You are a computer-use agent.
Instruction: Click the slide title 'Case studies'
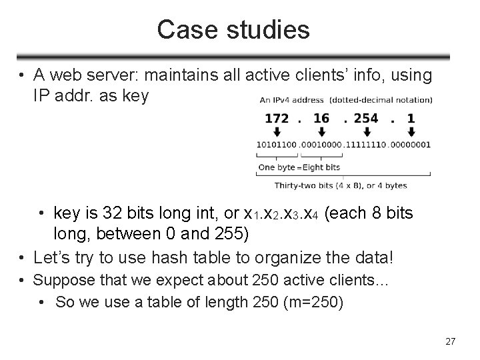(x=233, y=30)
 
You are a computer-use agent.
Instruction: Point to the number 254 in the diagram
(x=367, y=119)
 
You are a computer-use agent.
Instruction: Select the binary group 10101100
(x=277, y=145)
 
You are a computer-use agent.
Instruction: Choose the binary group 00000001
(x=410, y=145)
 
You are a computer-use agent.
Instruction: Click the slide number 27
(x=450, y=341)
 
